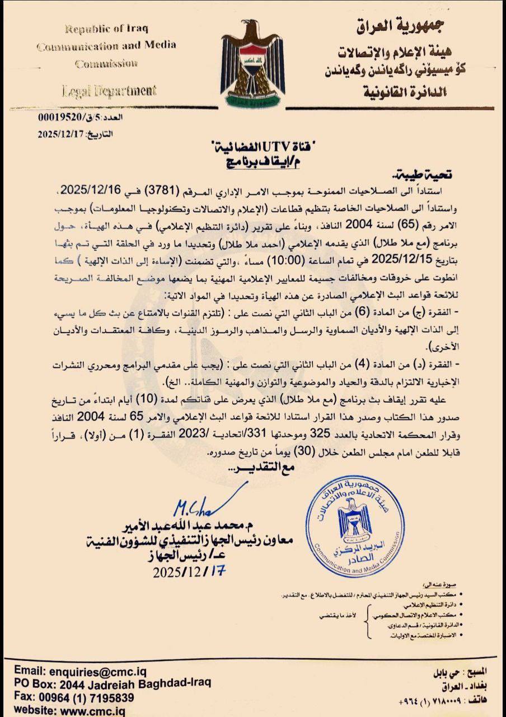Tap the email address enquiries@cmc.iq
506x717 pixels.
[87, 670]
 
